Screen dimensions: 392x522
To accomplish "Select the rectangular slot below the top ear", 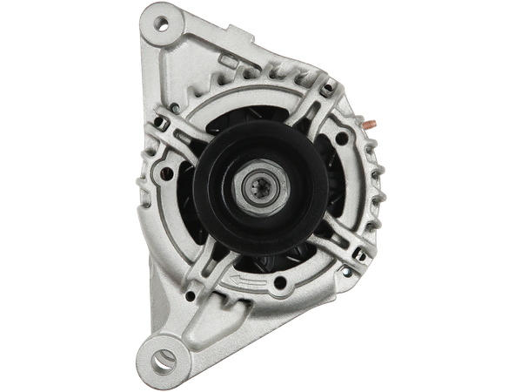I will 227,62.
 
